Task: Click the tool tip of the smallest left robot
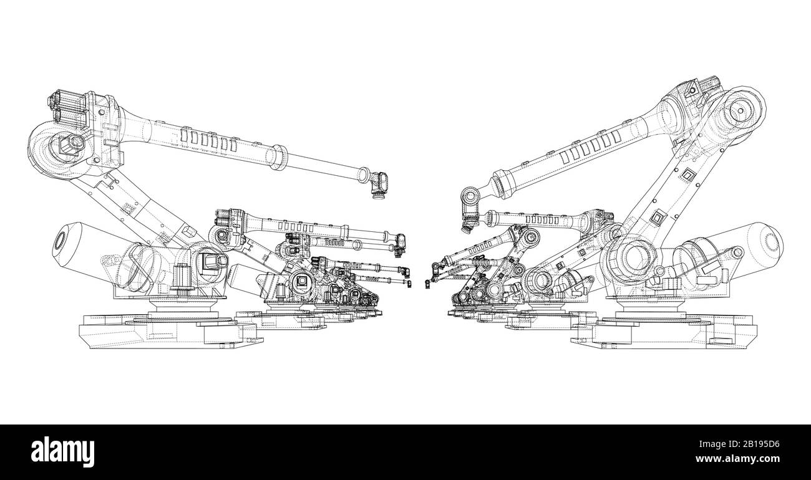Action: [409, 284]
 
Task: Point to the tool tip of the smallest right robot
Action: [428, 284]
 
